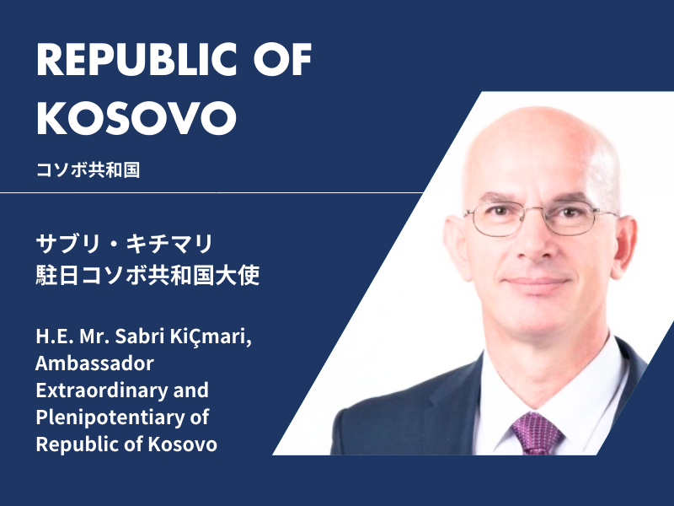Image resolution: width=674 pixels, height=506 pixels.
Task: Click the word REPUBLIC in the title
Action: pos(136,59)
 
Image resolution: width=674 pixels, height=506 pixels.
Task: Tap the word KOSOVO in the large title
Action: pos(136,118)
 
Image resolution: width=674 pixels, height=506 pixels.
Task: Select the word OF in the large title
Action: pos(282,59)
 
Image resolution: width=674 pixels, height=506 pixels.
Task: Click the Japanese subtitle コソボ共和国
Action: pos(88,170)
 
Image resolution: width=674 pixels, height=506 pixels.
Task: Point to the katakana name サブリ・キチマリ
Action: pos(125,244)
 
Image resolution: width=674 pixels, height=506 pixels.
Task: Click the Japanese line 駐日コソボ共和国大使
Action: pos(148,275)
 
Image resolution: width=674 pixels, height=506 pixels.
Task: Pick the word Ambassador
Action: pos(94,363)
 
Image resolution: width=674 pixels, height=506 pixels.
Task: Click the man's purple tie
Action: pos(536,433)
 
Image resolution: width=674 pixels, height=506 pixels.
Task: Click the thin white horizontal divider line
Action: pos(211,192)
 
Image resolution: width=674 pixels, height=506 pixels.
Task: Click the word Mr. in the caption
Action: pos(94,336)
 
